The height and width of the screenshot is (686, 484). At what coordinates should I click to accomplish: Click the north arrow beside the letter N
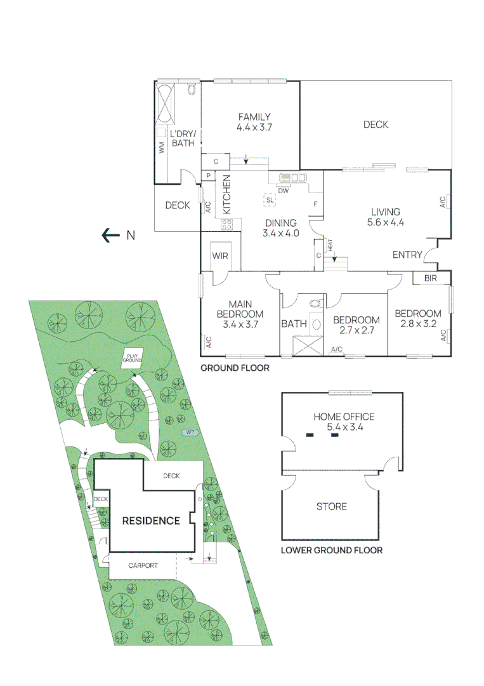click(111, 236)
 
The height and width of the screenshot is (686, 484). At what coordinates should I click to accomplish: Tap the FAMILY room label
click(254, 117)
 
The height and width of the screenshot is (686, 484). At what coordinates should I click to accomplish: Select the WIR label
click(220, 255)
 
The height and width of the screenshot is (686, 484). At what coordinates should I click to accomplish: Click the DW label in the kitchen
click(284, 190)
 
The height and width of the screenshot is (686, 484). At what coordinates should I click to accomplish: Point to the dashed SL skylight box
click(270, 200)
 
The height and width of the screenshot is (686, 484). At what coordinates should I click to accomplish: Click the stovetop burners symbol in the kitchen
click(227, 224)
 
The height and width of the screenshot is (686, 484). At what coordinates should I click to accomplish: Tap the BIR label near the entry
click(430, 278)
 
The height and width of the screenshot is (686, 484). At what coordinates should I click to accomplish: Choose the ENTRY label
click(407, 255)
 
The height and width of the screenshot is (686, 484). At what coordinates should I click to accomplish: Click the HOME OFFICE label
click(344, 417)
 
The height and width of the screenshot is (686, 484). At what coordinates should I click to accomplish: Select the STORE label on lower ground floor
click(332, 506)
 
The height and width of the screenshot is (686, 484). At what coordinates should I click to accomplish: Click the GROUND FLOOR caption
click(235, 368)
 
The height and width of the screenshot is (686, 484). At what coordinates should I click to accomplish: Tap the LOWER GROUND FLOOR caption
click(332, 550)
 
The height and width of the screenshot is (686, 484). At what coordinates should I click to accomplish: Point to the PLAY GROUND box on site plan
click(133, 358)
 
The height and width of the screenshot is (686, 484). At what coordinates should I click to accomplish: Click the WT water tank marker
click(188, 433)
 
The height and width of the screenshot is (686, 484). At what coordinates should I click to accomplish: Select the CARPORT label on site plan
click(142, 565)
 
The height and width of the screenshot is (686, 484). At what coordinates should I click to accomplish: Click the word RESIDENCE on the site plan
click(151, 521)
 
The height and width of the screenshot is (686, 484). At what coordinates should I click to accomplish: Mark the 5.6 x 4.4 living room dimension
click(385, 222)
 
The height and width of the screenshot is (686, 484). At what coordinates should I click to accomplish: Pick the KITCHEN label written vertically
click(226, 194)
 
